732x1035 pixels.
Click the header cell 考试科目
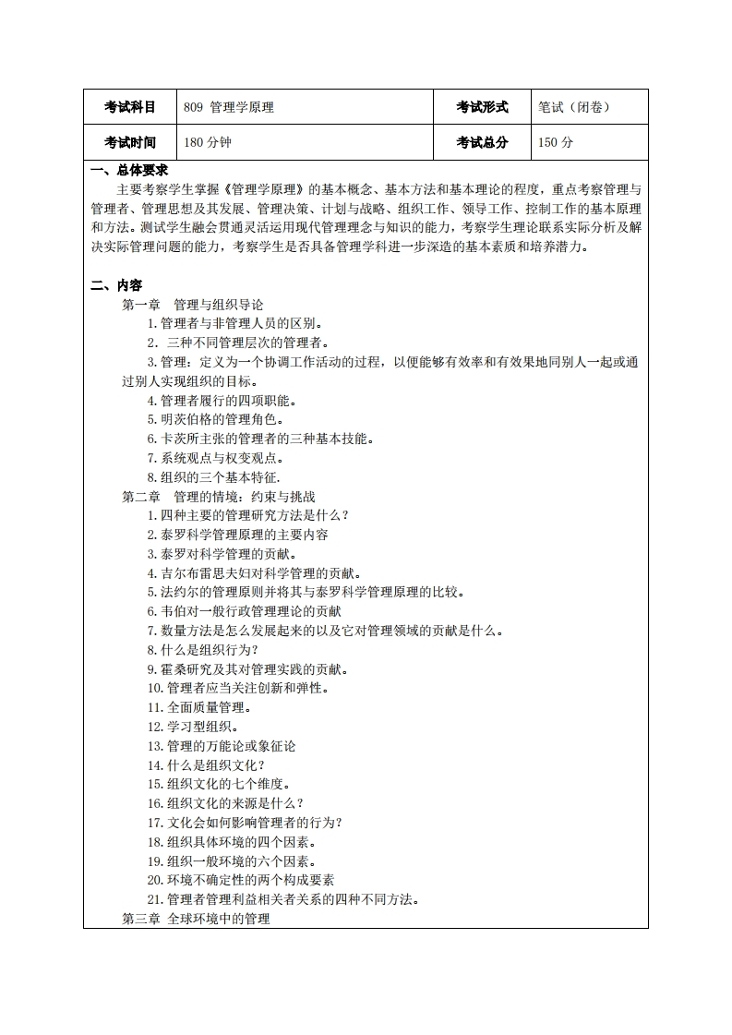(x=130, y=107)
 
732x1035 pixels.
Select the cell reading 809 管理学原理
(x=229, y=107)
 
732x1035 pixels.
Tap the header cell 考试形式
(x=482, y=107)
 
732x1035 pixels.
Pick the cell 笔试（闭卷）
(x=573, y=107)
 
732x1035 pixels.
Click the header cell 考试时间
(x=130, y=142)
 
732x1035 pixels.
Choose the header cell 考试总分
(x=482, y=142)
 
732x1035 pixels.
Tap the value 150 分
(x=556, y=142)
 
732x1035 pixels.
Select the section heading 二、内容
(x=115, y=285)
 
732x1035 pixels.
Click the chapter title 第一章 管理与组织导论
(x=193, y=304)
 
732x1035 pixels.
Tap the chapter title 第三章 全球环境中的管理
(x=196, y=920)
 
